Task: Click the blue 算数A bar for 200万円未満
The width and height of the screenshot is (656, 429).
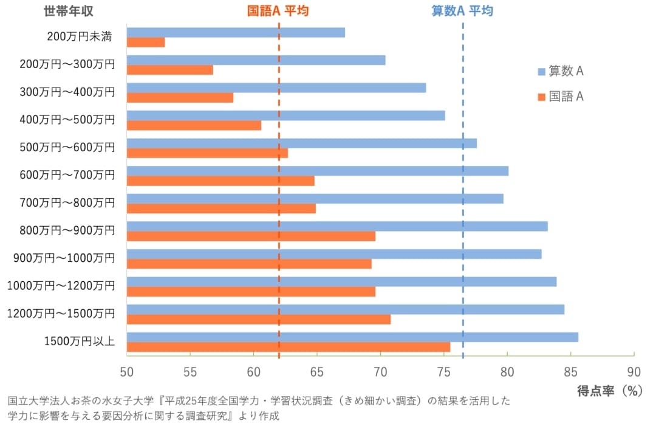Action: coord(236,33)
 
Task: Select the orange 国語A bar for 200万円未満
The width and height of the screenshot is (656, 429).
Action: coord(146,43)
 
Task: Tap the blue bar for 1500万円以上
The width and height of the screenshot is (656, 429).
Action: coord(352,337)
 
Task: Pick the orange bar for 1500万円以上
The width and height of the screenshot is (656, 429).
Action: coord(289,347)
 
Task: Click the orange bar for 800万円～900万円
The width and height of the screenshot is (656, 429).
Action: coord(251,236)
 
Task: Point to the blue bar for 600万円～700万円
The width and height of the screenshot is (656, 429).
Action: coord(318,171)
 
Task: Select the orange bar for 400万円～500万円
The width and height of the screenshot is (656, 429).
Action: coord(194,125)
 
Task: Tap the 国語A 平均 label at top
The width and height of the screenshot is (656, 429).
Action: coord(278,12)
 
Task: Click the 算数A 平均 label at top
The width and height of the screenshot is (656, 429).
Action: coord(462,12)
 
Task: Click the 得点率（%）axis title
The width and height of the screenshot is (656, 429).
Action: coord(609,391)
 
